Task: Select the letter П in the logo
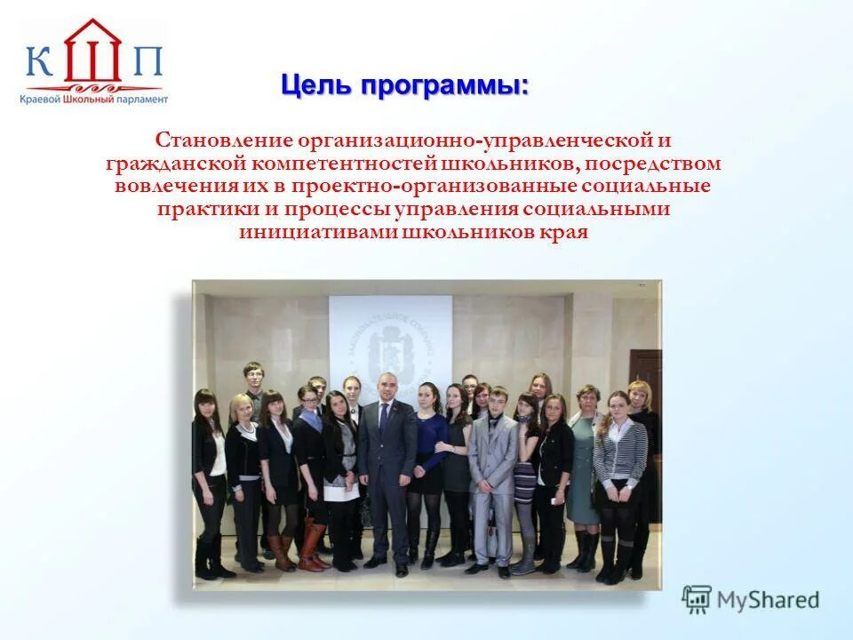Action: (x=147, y=63)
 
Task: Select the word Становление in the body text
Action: (x=223, y=141)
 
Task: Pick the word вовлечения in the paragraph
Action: (x=171, y=188)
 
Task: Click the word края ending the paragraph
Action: (x=565, y=233)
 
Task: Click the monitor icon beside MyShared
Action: (x=697, y=600)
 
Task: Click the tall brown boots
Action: (x=311, y=544)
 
